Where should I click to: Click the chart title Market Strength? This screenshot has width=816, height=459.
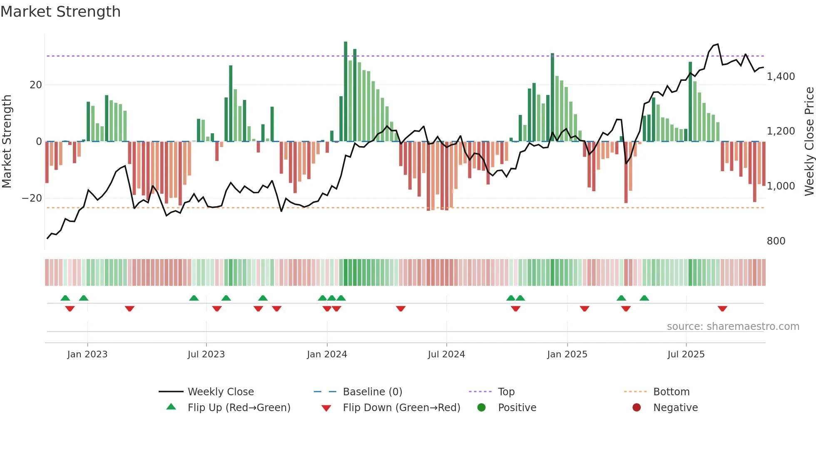point(60,12)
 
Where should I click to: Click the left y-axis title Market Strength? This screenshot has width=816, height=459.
point(7,141)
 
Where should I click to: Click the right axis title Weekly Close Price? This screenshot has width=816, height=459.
point(809,141)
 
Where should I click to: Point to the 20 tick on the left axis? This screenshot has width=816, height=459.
point(36,85)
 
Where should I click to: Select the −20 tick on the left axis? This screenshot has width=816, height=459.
point(32,198)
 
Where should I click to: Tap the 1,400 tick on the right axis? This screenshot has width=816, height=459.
point(781,77)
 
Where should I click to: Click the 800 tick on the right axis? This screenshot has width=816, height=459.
point(776,241)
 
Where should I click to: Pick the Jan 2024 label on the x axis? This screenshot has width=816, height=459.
point(327,354)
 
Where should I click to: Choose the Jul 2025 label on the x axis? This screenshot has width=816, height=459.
point(686,354)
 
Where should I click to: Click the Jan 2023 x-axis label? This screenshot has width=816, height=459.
point(87,354)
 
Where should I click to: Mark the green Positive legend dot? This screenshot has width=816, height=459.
point(482,408)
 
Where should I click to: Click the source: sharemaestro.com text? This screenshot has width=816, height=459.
point(733,327)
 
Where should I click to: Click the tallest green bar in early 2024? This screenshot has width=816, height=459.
point(346,92)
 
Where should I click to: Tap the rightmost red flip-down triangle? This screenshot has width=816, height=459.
point(722,309)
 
